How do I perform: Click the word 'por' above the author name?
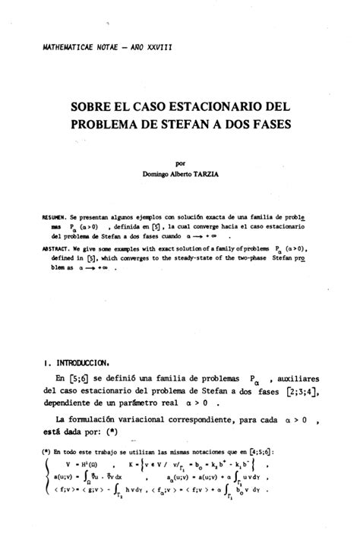pos(181,162)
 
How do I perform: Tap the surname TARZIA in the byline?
pos(204,173)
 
